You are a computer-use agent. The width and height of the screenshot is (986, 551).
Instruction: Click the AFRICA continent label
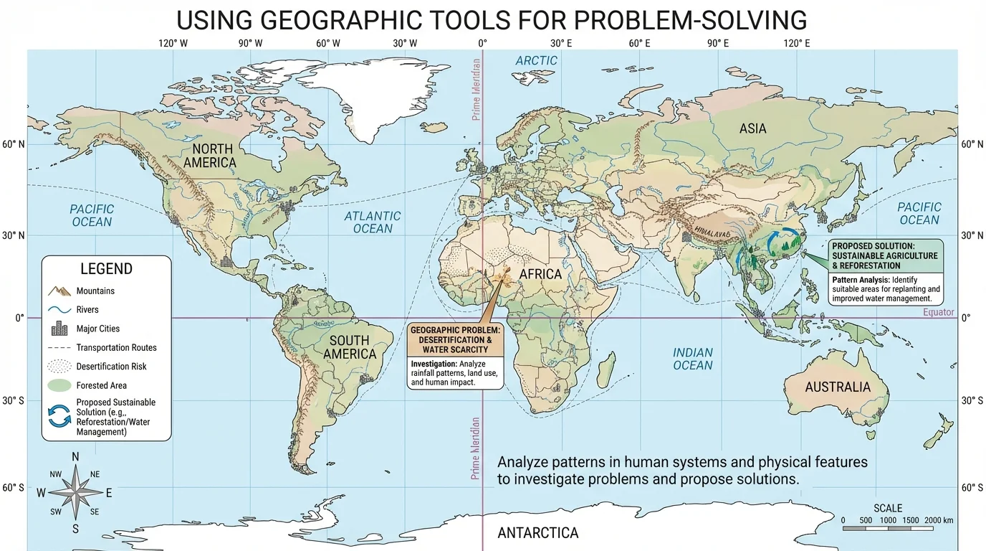coord(540,274)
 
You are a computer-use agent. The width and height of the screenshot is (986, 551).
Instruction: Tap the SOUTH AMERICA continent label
coord(349,347)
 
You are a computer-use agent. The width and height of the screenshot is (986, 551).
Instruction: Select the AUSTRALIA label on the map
coord(837,387)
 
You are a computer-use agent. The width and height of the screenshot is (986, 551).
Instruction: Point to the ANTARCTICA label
coord(537,533)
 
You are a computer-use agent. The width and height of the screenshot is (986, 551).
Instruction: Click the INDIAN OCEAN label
coord(692,359)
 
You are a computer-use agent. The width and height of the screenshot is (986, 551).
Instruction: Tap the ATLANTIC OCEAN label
coord(373,222)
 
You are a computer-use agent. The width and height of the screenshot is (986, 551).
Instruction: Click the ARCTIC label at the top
coord(536,61)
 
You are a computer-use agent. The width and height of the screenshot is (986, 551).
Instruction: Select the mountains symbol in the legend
coord(59,291)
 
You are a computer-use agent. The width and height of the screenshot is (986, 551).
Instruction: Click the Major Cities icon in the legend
coord(59,329)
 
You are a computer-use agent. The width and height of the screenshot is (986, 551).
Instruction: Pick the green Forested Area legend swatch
coord(59,385)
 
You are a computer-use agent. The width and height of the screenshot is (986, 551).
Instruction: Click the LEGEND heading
coord(106,269)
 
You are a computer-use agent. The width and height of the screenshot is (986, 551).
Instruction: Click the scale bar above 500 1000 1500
coord(888,528)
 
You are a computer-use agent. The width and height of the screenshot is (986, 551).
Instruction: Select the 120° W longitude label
coord(173,43)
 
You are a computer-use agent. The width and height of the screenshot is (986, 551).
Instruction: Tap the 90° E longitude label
coord(717,43)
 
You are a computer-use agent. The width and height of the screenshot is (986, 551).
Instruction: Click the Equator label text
coord(939,312)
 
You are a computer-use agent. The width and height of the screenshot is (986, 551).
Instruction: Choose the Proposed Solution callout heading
coord(884,255)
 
